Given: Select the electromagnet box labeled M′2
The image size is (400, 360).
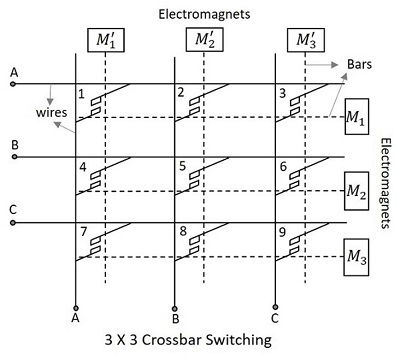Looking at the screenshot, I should tap(204, 42).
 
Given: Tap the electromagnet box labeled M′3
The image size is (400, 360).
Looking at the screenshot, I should tap(304, 42).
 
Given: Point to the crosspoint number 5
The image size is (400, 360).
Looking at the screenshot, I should tap(181, 166).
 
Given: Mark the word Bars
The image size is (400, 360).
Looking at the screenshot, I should tap(360, 63).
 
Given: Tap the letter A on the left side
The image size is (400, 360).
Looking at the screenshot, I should tap(13, 73).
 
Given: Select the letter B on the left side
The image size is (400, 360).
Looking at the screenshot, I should tap(13, 145).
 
